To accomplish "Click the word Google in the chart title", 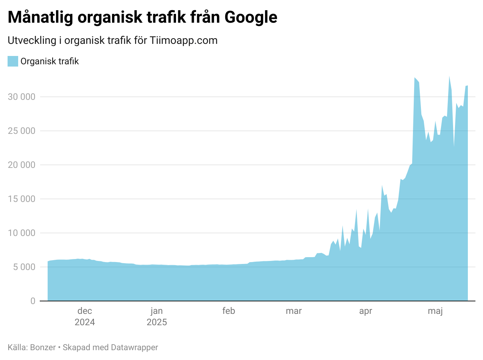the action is [251, 17].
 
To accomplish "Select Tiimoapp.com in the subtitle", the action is [184, 41].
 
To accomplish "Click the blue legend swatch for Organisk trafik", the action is [13, 61].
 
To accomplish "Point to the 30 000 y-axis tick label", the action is [22, 97].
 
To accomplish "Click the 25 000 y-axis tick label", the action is [22, 131].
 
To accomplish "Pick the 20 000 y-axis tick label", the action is [22, 165].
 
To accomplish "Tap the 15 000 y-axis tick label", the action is [22, 199].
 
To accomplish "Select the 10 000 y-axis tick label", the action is [22, 233].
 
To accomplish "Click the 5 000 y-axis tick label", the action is [24, 267].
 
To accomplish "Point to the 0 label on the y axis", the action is [33, 301].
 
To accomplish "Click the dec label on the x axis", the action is [85, 311].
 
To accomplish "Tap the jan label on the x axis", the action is [157, 311].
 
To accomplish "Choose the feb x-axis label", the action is [229, 311].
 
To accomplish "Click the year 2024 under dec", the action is [85, 323].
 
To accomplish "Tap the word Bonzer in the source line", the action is [43, 348].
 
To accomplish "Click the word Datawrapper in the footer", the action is [134, 348].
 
